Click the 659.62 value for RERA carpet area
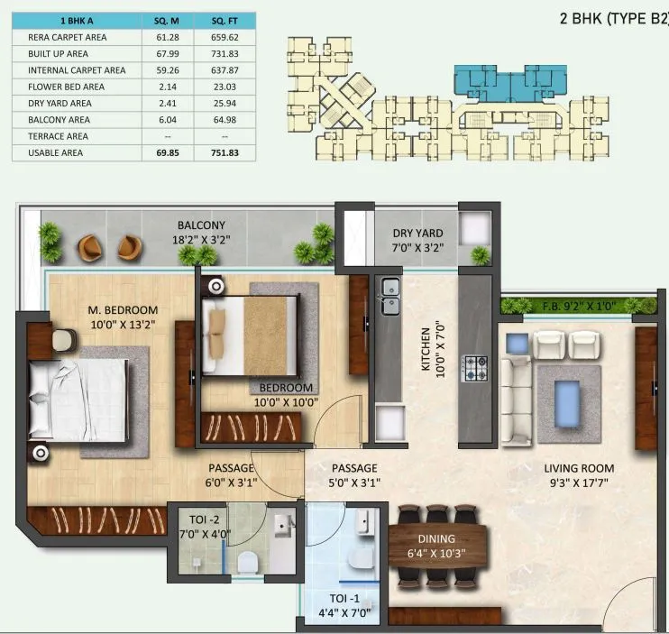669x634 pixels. click(x=225, y=38)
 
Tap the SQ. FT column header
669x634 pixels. click(x=225, y=21)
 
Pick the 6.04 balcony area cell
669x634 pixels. click(x=167, y=119)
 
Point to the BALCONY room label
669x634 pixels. click(x=200, y=225)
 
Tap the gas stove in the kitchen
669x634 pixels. click(x=475, y=367)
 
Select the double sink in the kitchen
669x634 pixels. click(x=389, y=297)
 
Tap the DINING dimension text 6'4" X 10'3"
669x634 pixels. click(x=436, y=554)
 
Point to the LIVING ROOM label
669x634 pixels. click(x=578, y=468)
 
